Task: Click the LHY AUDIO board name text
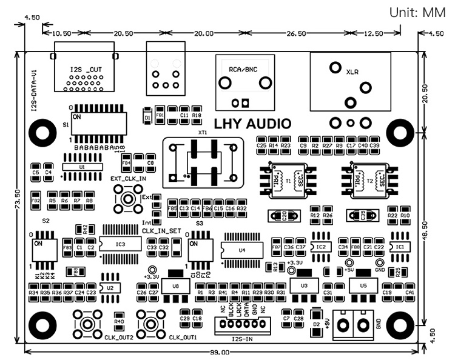point(249,124)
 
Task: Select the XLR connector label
point(352,72)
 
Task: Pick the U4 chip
point(242,250)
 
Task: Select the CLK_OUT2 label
point(118,338)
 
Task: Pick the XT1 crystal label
point(203,132)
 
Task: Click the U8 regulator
point(176,285)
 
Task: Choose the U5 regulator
point(363,284)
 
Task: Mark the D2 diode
point(316,325)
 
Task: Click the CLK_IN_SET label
point(162,231)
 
